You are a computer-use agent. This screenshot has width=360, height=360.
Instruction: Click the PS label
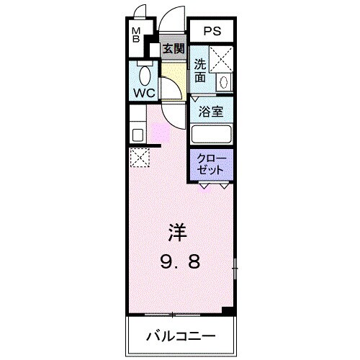(x=212, y=32)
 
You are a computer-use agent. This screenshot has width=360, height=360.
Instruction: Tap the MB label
(x=135, y=35)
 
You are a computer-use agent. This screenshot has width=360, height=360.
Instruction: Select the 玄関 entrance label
(x=173, y=49)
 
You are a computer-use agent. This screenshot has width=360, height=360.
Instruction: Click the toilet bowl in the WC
(x=144, y=76)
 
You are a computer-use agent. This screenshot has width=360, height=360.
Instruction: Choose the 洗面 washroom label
(x=200, y=69)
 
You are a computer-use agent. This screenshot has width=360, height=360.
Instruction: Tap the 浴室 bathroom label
(x=211, y=112)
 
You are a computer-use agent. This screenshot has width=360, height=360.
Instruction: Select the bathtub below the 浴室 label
(x=211, y=134)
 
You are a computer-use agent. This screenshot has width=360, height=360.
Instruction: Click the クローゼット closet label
(x=212, y=163)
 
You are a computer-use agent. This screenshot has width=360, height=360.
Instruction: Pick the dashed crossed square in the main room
(x=138, y=157)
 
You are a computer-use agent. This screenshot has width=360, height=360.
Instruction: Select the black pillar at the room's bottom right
(x=228, y=310)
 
